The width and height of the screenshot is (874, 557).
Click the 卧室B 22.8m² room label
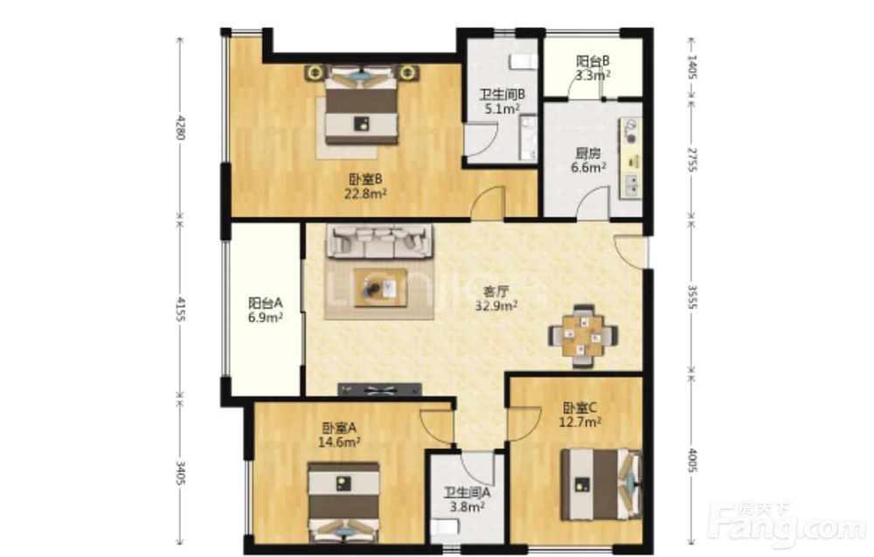pos(365,186)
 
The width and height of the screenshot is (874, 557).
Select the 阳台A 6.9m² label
pos(266,310)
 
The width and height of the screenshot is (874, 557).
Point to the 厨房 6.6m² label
pos(588,159)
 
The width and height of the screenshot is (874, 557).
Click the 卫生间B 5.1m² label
pos(503,101)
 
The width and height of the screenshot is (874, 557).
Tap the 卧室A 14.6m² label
pos(339,435)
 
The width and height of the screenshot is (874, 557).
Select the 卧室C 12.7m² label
pos(580,414)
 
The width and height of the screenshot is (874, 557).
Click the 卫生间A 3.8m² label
pos(467,499)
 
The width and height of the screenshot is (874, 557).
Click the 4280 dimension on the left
pos(180,128)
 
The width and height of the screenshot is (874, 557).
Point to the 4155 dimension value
pos(180,310)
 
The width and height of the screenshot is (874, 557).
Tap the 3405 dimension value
pos(180,472)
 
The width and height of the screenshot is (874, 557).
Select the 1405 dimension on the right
pos(691,66)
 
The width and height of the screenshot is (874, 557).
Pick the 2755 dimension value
pos(691,160)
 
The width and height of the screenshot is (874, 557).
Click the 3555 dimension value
pos(691,297)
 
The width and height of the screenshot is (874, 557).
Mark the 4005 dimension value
pos(691,461)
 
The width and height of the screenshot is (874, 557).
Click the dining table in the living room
pos(583,336)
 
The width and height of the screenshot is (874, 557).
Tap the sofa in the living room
pos(380,241)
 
